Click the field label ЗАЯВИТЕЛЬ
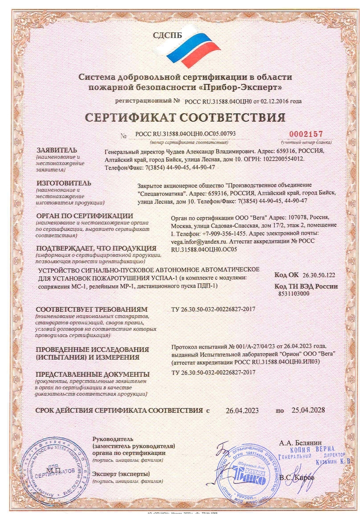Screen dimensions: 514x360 tap(56, 150)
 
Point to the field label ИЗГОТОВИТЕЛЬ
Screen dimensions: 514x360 tap(64, 182)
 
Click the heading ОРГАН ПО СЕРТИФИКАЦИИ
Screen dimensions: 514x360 tap(84, 216)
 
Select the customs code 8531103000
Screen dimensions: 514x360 tap(294, 294)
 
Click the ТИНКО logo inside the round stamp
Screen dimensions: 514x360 tap(248, 476)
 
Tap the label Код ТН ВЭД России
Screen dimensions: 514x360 tap(306, 286)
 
